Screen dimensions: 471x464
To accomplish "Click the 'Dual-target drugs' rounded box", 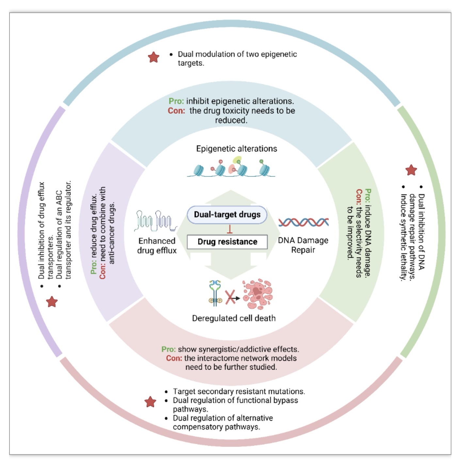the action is (227, 215).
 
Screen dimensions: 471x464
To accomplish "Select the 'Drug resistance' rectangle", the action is (227, 242).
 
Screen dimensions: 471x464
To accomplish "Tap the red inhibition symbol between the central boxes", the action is (230, 229).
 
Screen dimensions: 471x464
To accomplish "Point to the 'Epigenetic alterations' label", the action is (236, 149).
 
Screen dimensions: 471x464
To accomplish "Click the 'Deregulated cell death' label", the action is (234, 318).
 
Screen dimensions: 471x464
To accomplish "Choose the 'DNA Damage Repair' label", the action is (303, 245).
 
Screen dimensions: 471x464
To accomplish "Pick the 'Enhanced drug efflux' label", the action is (157, 246).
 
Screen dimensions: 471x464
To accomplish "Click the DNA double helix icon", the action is (303, 222).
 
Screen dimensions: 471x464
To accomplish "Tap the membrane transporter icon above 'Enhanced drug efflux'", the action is (156, 221).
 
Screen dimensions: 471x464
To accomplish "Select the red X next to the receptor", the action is (230, 297).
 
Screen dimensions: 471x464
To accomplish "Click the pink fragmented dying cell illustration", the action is (257, 294).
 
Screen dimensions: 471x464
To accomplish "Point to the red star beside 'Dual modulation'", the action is (154, 57).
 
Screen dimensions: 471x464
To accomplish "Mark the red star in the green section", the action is (411, 170).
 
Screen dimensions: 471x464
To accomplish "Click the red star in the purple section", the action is (52, 302).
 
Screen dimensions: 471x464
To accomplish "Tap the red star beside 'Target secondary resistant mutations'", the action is (150, 402).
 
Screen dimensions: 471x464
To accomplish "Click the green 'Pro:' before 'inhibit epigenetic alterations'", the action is (176, 101).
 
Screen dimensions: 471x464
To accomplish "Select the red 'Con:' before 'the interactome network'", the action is (174, 358).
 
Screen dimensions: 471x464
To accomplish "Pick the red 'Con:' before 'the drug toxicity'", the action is (176, 110).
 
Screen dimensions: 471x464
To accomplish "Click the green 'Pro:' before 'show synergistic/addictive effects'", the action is (169, 349).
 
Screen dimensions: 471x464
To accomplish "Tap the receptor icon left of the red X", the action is (215, 293).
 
